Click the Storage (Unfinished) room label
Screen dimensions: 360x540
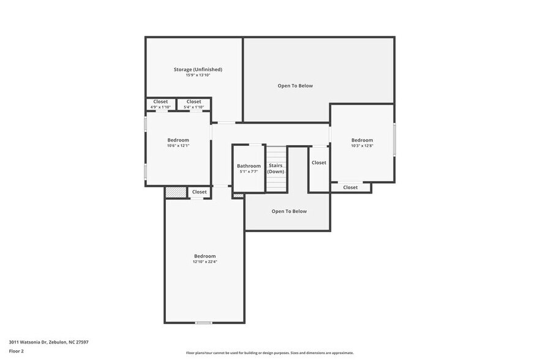(x=198, y=70)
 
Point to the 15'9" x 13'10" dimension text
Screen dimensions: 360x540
(x=198, y=75)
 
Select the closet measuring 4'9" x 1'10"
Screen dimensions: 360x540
(x=160, y=104)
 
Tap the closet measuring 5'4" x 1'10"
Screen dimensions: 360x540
(x=193, y=104)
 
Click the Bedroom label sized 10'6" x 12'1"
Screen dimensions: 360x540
(x=178, y=140)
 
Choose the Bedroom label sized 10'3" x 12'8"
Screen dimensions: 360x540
(x=362, y=140)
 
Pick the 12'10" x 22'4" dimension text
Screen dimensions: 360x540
(x=204, y=262)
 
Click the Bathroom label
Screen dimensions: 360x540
(x=249, y=166)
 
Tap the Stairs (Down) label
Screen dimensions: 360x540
(x=276, y=168)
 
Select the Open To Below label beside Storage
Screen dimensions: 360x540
(x=295, y=86)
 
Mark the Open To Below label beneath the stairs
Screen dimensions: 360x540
(x=289, y=211)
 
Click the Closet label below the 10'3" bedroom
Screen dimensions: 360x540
(x=350, y=187)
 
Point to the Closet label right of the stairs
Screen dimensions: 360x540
(x=318, y=163)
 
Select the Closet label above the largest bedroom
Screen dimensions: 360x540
(x=199, y=192)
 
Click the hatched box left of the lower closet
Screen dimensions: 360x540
(x=175, y=192)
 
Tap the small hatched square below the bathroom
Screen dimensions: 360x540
(x=239, y=196)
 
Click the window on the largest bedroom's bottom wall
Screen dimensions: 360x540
(x=203, y=323)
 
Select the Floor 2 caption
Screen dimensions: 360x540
(x=16, y=351)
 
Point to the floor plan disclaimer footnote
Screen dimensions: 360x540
(x=269, y=353)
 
